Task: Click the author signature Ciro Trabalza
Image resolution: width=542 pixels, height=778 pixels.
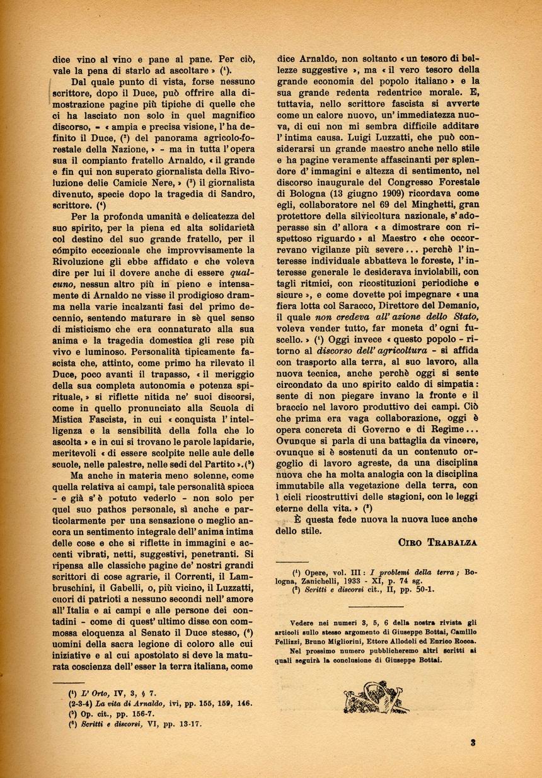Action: (x=437, y=541)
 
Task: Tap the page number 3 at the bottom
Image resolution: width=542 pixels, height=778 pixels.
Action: (x=473, y=742)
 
